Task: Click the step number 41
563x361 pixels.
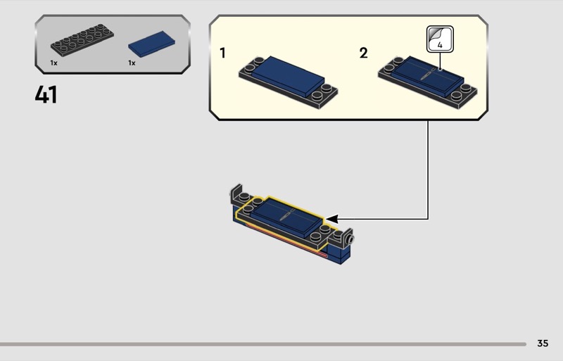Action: pos(46,94)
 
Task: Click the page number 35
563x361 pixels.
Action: pos(542,343)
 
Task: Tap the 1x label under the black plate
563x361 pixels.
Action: pos(53,63)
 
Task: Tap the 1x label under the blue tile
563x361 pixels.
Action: pos(132,63)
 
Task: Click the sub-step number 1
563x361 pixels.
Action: pos(222,53)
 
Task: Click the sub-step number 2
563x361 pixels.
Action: pos(363,53)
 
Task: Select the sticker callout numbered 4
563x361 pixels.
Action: pos(440,39)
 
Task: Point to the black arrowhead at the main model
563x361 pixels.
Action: pos(333,218)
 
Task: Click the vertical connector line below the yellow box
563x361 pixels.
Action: pos(428,169)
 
